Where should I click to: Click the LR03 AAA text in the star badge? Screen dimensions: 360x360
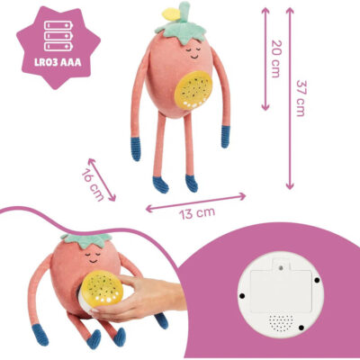pyautogui.click(x=58, y=63)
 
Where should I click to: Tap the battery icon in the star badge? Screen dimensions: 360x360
pyautogui.click(x=58, y=36)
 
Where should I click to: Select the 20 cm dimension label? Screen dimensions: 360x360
pyautogui.click(x=276, y=58)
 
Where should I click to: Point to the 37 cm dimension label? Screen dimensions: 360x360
pyautogui.click(x=301, y=98)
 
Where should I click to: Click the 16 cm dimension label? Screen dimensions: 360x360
pyautogui.click(x=93, y=186)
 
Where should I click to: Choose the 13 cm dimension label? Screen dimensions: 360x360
pyautogui.click(x=197, y=213)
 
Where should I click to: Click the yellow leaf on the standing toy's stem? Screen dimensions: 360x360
pyautogui.click(x=171, y=14)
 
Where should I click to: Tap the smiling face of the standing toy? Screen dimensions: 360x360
pyautogui.click(x=193, y=52)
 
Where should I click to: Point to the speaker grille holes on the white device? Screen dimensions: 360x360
pyautogui.click(x=281, y=323)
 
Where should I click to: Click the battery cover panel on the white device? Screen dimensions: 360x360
pyautogui.click(x=280, y=289)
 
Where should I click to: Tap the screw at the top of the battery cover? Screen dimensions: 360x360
pyautogui.click(x=281, y=266)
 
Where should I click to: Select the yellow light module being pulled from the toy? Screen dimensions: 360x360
pyautogui.click(x=102, y=289)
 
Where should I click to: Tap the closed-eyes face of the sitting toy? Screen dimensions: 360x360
pyautogui.click(x=93, y=257)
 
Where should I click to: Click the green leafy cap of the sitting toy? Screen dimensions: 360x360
pyautogui.click(x=85, y=241)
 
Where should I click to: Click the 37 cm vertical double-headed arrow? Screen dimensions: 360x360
pyautogui.click(x=290, y=98)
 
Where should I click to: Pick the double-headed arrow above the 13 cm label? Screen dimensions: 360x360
pyautogui.click(x=195, y=202)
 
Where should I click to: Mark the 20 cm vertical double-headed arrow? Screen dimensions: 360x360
pyautogui.click(x=265, y=58)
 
